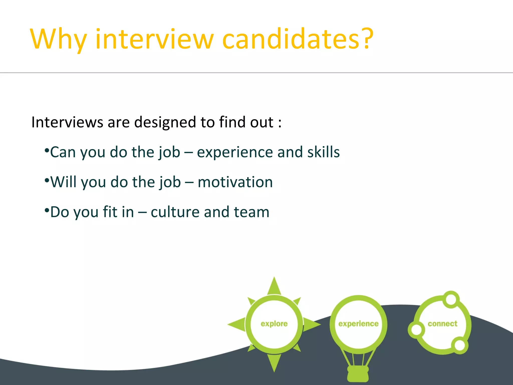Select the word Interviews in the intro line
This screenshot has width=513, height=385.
(67, 122)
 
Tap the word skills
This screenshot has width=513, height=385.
(323, 152)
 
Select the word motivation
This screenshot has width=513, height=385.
(235, 182)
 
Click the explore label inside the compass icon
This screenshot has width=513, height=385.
(274, 324)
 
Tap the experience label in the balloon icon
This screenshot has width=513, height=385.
(358, 324)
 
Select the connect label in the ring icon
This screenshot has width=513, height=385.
(442, 324)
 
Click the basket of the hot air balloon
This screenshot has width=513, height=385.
(358, 373)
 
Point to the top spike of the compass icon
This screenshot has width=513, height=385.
(274, 286)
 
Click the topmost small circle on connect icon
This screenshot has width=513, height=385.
(451, 299)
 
